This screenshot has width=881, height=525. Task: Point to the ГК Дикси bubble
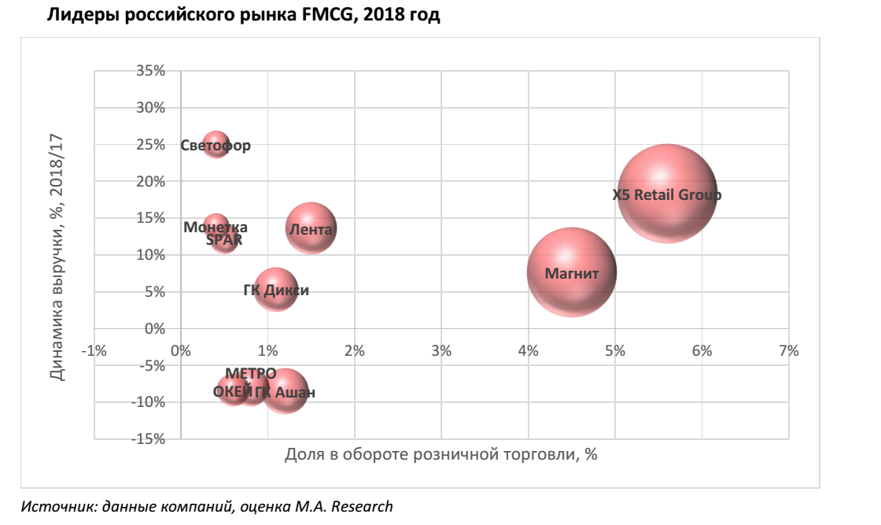[275, 290]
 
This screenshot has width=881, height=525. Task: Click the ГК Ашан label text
[286, 392]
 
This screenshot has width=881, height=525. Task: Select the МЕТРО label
[250, 373]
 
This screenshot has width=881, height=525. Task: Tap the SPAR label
[224, 240]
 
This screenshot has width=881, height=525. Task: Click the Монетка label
[215, 227]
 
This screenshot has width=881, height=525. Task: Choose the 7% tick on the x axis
[788, 351]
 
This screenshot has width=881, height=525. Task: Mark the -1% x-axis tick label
[94, 351]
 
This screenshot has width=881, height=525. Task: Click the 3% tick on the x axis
[441, 351]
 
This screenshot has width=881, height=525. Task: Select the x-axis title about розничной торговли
[440, 454]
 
